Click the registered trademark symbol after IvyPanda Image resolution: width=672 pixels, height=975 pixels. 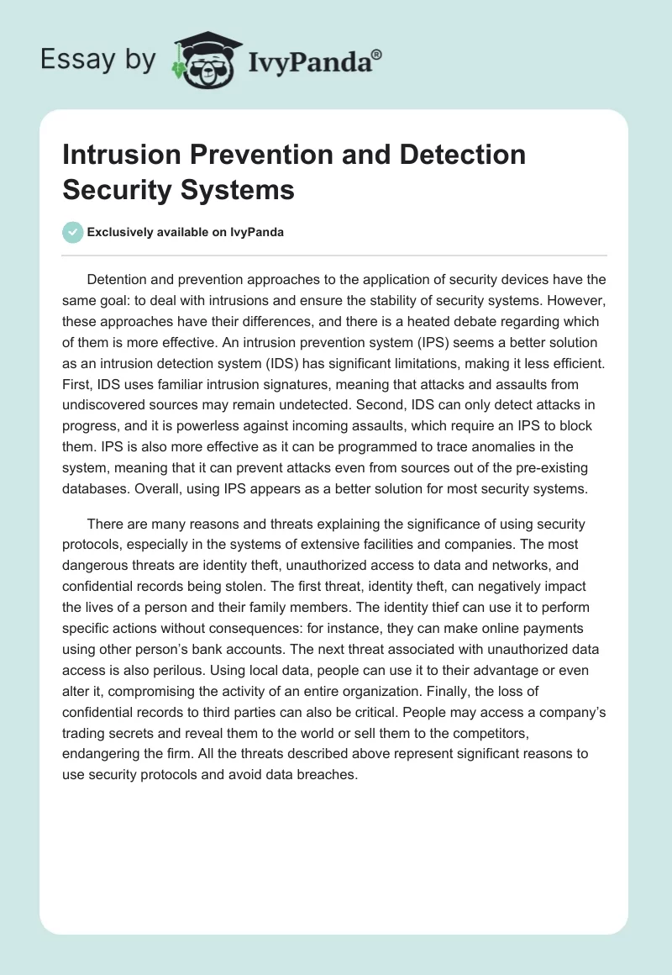coord(377,55)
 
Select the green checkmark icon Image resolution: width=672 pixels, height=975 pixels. coord(73,232)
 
